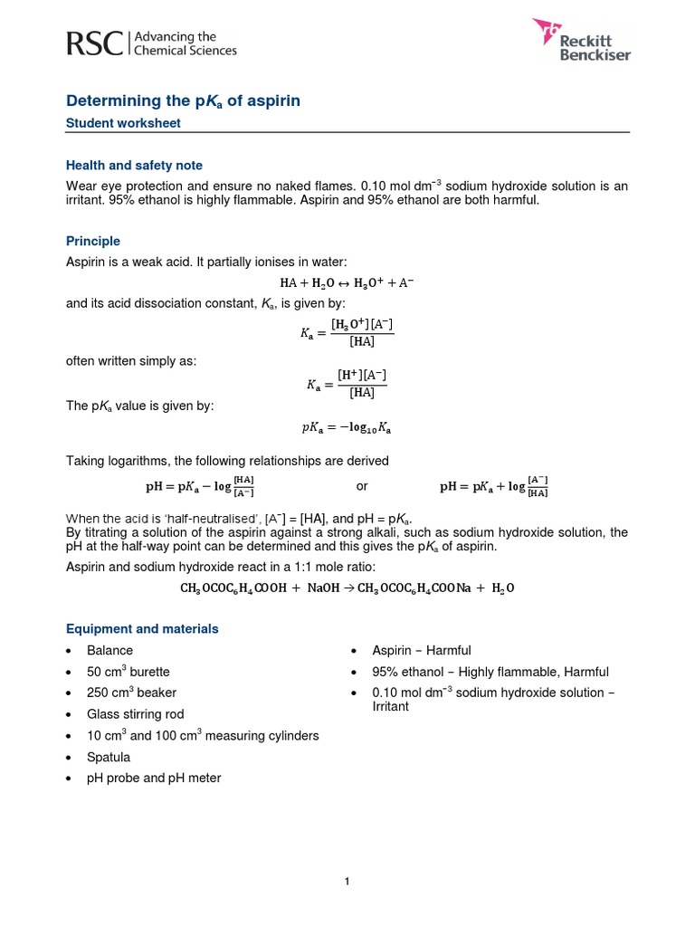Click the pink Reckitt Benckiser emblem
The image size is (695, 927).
coord(548,33)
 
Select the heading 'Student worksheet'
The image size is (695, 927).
coord(123,123)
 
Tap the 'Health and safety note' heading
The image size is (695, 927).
coord(134,166)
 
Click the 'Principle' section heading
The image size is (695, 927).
coord(93,241)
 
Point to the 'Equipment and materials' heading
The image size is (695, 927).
coord(142,628)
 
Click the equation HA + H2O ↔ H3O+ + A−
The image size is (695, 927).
coord(347,282)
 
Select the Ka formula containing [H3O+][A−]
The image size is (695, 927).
coord(347,332)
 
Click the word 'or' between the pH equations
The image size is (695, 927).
coord(362,486)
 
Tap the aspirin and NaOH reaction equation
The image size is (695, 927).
coord(347,588)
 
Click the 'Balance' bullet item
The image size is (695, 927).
coord(109,650)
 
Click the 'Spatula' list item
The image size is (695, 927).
coord(109,757)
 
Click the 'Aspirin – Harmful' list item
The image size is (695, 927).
coord(422,650)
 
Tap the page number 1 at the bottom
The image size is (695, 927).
coord(347,882)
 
